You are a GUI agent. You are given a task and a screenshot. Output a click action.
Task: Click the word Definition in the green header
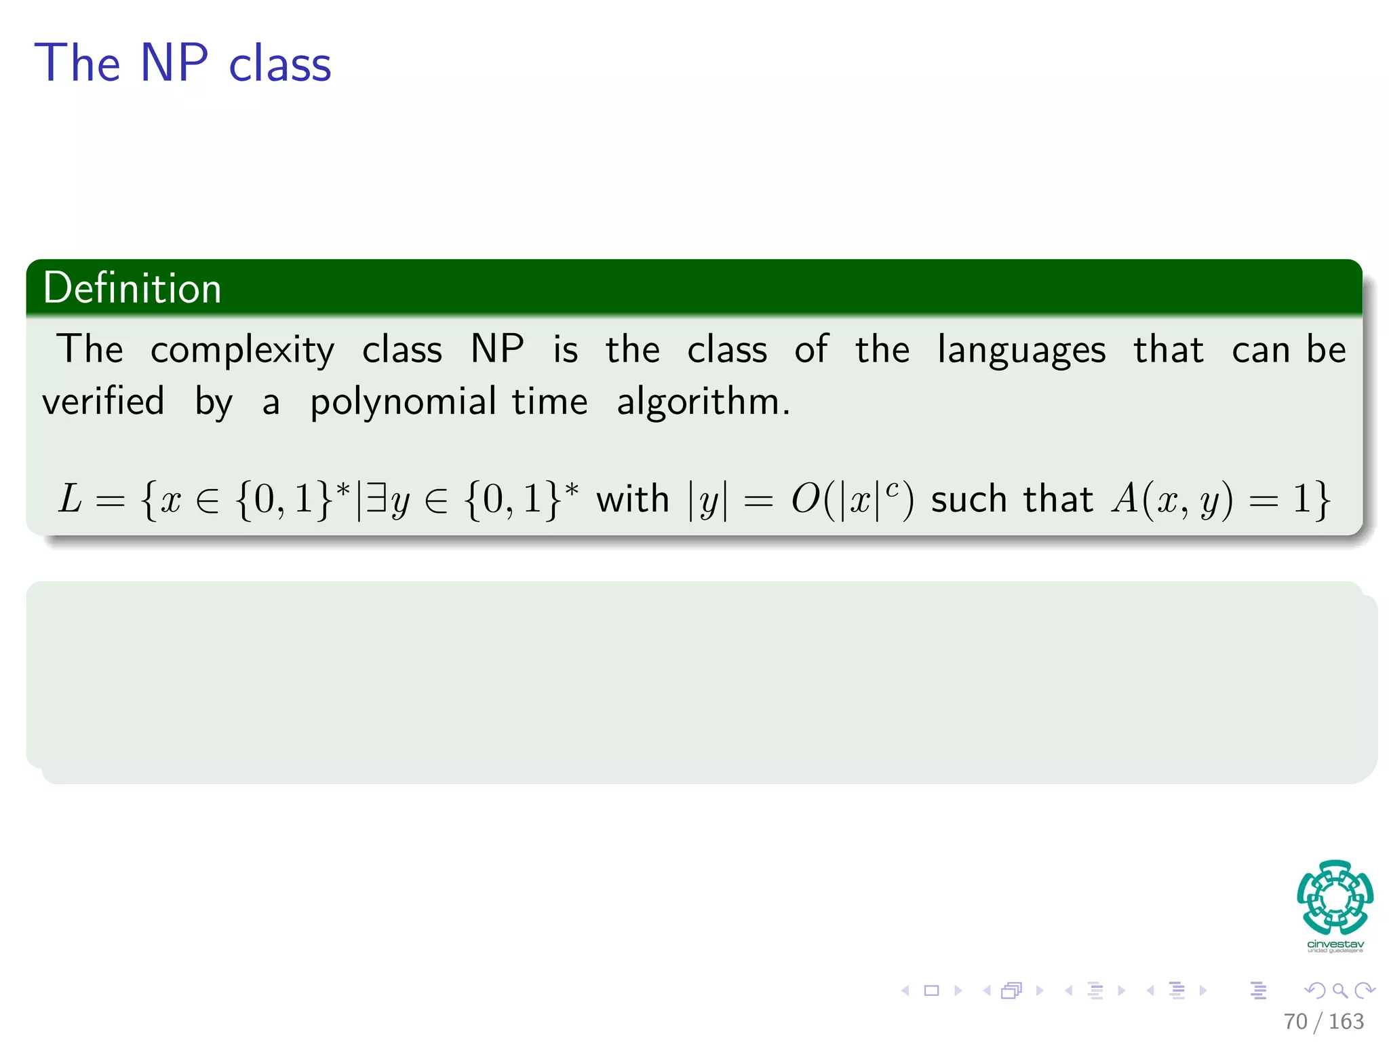[132, 288]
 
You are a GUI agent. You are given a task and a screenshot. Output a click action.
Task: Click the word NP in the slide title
[174, 63]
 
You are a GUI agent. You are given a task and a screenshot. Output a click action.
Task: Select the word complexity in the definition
[242, 351]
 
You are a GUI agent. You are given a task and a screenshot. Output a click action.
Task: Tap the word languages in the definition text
[1021, 351]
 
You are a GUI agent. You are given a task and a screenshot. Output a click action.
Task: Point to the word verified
[103, 401]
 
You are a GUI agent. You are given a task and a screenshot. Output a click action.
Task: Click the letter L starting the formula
[69, 499]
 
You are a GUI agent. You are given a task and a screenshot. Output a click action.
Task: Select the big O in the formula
[806, 500]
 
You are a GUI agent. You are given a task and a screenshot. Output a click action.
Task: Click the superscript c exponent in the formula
[892, 488]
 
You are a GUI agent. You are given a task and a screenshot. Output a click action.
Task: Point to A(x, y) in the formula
[1171, 500]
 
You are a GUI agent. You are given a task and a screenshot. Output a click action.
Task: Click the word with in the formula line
[632, 499]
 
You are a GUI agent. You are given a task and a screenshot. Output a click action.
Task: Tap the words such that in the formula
[1011, 499]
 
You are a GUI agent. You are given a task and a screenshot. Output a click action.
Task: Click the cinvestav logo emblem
[1335, 898]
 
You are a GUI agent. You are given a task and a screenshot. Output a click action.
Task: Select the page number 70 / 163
[1323, 1021]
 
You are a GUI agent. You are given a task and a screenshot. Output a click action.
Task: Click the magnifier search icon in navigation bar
[1339, 990]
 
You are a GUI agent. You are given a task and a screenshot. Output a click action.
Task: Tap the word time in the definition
[549, 401]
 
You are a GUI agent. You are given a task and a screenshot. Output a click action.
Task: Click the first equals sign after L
[110, 501]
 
